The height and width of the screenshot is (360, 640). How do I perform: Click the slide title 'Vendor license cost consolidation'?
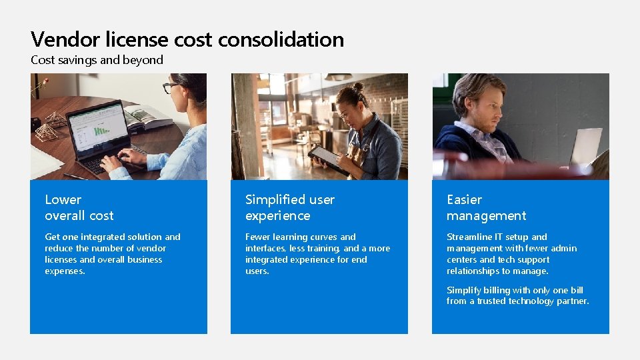click(x=187, y=39)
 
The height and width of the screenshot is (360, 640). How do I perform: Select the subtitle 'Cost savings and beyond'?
click(x=97, y=60)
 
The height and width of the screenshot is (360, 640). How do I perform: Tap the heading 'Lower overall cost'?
click(x=79, y=207)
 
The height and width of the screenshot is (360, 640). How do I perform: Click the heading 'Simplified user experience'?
click(x=289, y=207)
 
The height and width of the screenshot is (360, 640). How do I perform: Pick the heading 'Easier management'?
click(x=486, y=207)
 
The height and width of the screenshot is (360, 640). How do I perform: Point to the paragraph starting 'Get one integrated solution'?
click(x=112, y=254)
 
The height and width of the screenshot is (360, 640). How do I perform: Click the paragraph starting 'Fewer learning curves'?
click(x=317, y=254)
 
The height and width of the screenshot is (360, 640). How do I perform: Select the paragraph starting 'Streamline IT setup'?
click(x=511, y=254)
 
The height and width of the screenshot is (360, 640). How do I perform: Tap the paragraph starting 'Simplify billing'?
click(x=517, y=295)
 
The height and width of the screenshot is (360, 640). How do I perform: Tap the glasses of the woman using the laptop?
click(x=171, y=87)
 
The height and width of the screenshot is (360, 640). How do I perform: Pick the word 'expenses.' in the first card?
click(x=65, y=271)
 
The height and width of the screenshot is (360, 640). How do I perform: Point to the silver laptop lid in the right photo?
click(x=585, y=147)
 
